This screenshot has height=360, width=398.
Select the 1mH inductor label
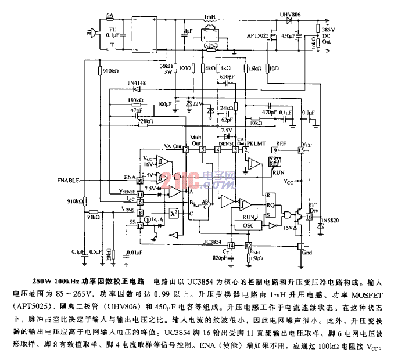(x=210, y=17)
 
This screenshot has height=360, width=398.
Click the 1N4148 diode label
(x=137, y=84)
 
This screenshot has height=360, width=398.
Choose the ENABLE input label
(x=69, y=181)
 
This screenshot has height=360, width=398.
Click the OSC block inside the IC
(x=248, y=225)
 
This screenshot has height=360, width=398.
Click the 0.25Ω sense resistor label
(x=210, y=45)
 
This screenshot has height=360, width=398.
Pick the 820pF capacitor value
(x=220, y=258)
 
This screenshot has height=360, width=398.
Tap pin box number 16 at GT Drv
(x=309, y=217)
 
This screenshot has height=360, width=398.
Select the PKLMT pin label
(x=257, y=142)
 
